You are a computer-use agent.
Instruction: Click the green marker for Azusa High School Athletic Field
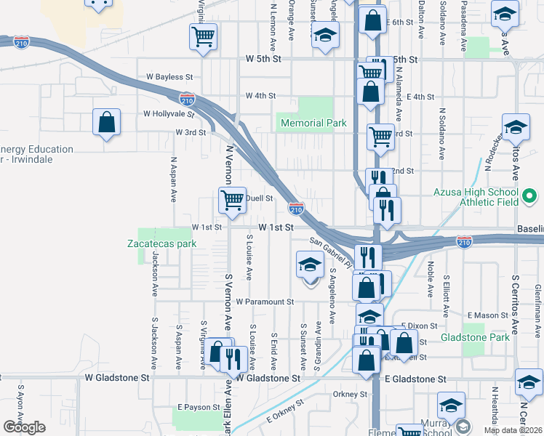(529, 195)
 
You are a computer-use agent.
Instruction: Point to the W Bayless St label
(169, 76)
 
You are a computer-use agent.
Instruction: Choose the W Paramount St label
(259, 302)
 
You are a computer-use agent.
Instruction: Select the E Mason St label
(488, 315)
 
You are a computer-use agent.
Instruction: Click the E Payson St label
(198, 407)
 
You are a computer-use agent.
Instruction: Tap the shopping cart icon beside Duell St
(233, 200)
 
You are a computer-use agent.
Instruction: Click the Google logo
(25, 427)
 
